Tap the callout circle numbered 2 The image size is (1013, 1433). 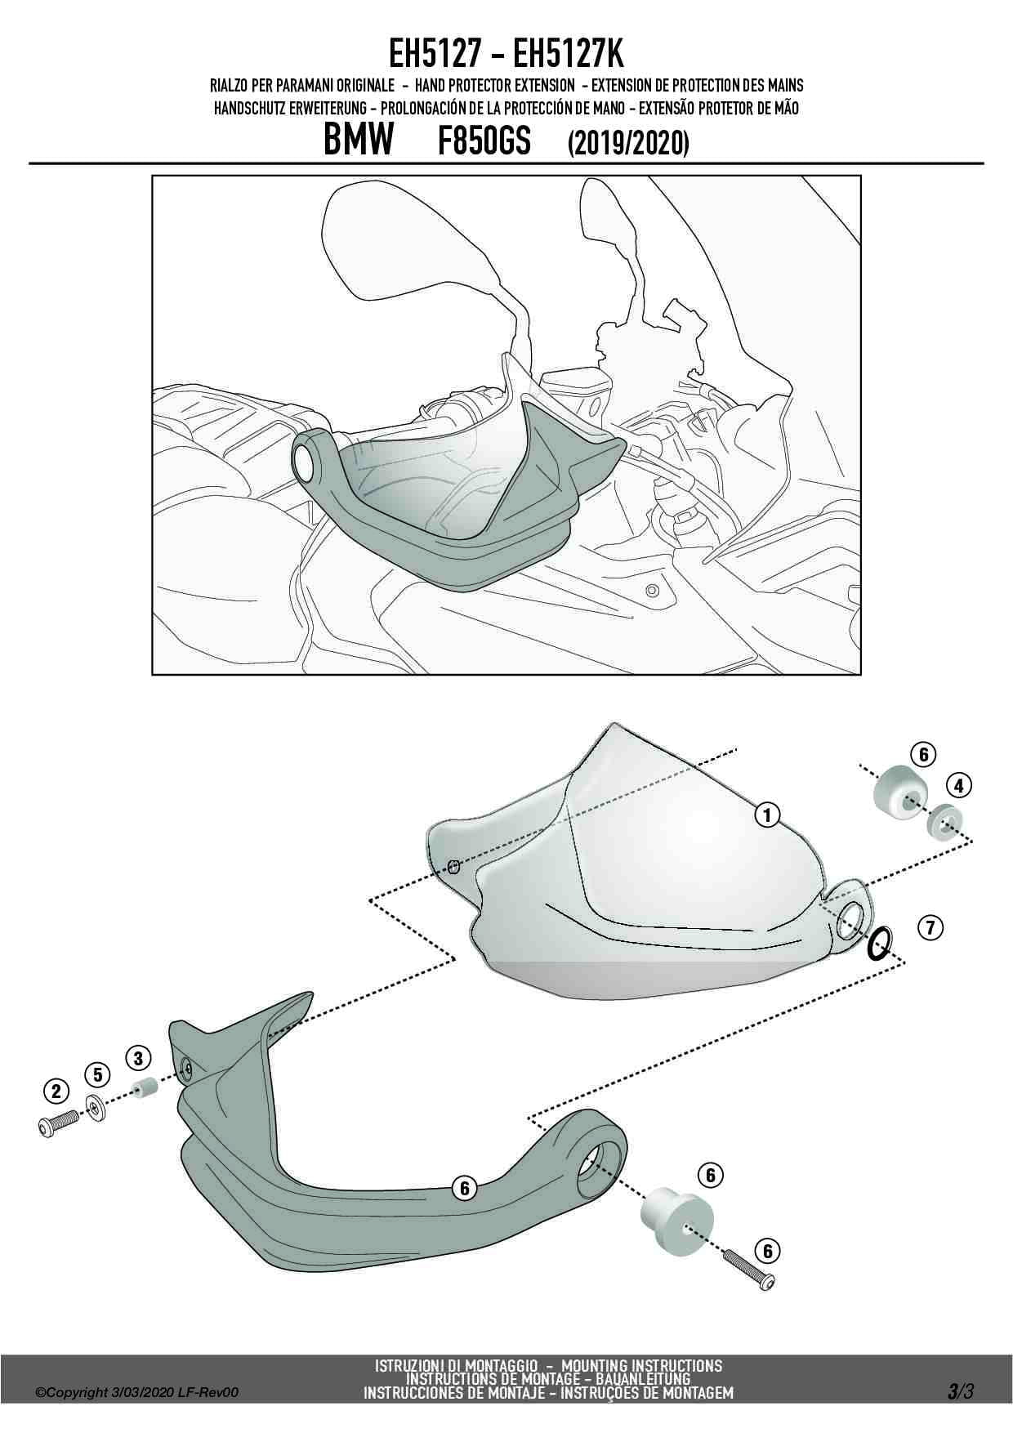point(56,1091)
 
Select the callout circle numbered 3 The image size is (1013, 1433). point(137,1058)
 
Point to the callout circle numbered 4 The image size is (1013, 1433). point(958,786)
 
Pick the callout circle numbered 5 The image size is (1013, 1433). point(96,1073)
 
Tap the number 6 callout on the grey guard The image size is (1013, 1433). point(464,1188)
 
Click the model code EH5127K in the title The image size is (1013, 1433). point(568,56)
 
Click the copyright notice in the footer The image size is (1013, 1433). point(137,1393)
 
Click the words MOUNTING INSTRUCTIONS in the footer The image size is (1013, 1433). point(641,1365)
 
